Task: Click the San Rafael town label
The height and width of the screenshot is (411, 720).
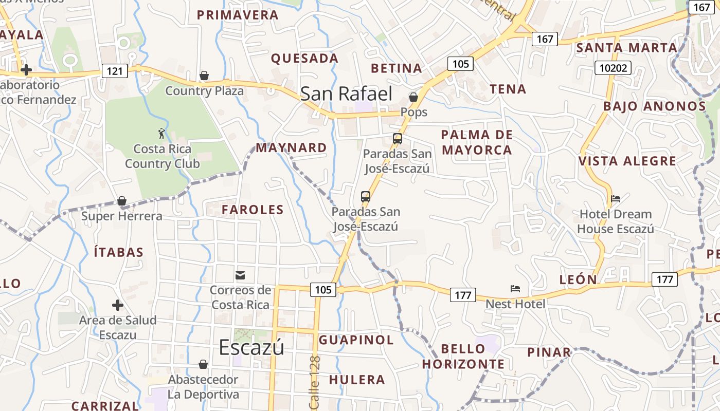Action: [x=346, y=94]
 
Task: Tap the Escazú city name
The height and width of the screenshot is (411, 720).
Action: [x=251, y=347]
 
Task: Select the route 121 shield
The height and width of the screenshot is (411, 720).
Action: [x=114, y=70]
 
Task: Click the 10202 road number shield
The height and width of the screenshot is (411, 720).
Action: [x=613, y=68]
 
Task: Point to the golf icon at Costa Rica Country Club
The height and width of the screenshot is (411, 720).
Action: [x=162, y=134]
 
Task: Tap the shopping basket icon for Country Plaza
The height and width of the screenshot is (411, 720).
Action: [x=204, y=76]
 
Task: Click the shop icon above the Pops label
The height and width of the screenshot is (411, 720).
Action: [x=413, y=97]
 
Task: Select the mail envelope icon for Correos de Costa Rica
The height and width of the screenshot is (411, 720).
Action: [x=240, y=275]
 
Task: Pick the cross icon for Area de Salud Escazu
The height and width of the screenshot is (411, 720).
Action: [x=118, y=305]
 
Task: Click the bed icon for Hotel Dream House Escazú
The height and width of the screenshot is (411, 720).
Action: [x=616, y=199]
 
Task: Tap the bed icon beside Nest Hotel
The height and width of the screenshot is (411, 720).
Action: [x=515, y=289]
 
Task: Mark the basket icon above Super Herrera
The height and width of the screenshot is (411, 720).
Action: [x=122, y=201]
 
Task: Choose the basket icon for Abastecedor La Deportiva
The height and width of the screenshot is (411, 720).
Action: [x=204, y=364]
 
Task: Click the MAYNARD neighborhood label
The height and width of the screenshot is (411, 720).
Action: [x=291, y=148]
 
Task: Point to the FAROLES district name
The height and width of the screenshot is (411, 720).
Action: [x=253, y=210]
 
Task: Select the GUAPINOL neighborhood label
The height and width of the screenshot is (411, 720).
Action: [x=356, y=340]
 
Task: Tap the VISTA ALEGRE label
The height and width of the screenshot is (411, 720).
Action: [x=627, y=161]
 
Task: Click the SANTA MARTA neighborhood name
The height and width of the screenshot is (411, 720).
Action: [x=626, y=48]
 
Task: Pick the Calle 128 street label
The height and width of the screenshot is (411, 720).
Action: [x=315, y=383]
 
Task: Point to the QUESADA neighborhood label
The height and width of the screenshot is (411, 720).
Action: [x=304, y=59]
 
